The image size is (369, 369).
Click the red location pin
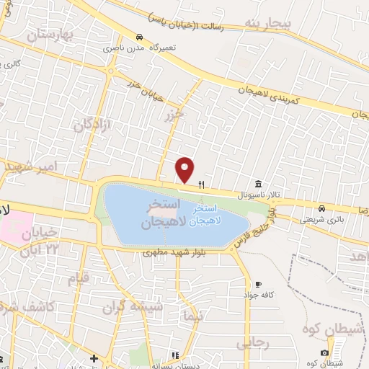tap(185, 170)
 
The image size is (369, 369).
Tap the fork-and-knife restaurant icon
tap(202, 184)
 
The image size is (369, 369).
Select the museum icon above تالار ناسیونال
tap(257, 183)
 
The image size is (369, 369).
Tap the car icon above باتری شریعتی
tap(323, 208)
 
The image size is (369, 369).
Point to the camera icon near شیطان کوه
tap(324, 352)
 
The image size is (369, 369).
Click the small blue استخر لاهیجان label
tap(209, 216)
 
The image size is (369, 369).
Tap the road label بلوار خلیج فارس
tap(253, 230)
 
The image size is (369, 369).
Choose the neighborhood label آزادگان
tap(92, 125)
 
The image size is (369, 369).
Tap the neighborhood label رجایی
tap(252, 343)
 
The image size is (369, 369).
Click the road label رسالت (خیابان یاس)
tap(195, 20)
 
